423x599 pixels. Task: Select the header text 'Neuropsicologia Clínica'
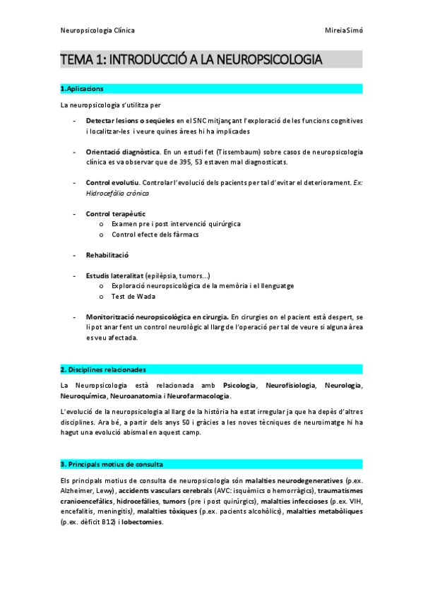(x=97, y=31)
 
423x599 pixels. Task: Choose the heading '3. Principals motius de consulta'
(x=112, y=464)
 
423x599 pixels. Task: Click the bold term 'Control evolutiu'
(x=112, y=182)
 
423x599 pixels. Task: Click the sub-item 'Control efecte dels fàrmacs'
(x=155, y=234)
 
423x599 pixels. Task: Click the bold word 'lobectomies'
(x=142, y=522)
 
